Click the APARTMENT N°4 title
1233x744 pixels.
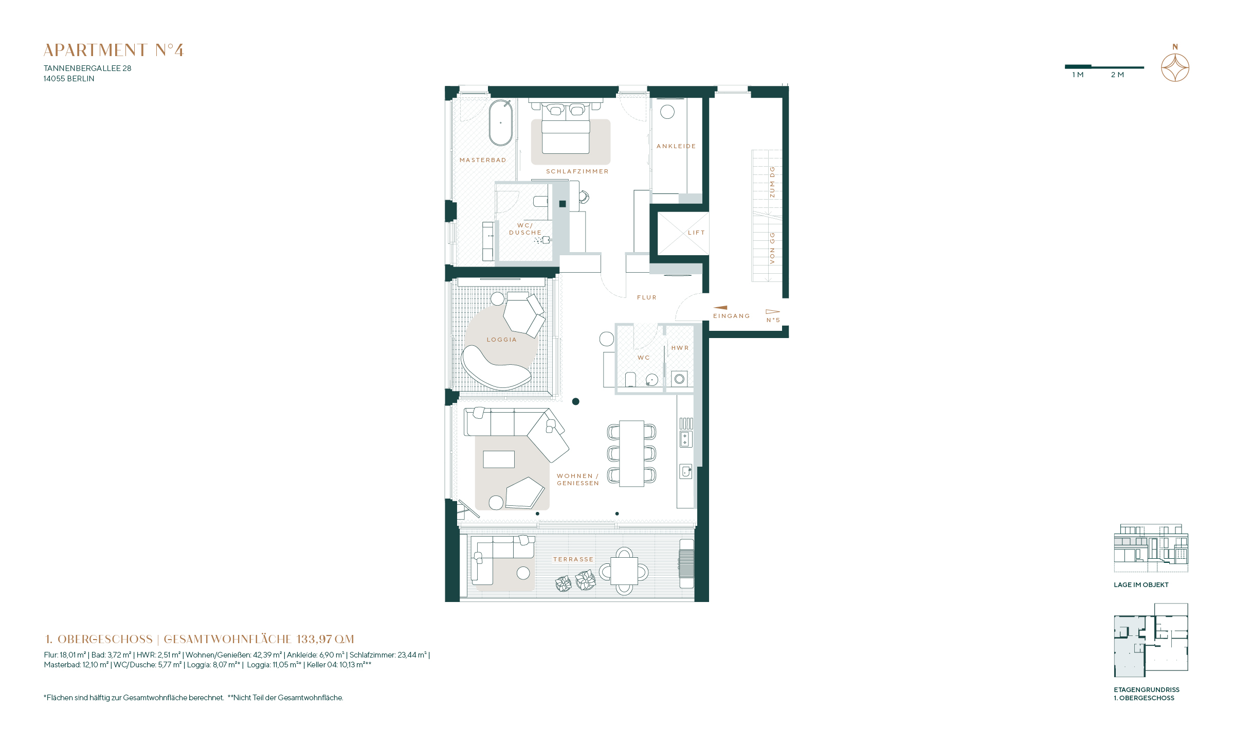click(114, 50)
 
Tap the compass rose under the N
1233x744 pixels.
click(1175, 67)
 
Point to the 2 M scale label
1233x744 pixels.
click(1117, 75)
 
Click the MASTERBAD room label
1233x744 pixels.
click(483, 160)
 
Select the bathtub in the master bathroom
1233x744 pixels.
click(500, 123)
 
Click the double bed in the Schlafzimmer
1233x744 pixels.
click(566, 129)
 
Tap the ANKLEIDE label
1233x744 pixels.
click(676, 146)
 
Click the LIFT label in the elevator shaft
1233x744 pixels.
click(696, 233)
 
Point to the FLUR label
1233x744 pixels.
click(647, 297)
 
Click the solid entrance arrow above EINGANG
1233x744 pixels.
click(720, 308)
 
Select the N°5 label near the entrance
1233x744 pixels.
click(773, 320)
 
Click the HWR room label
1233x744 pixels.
click(680, 348)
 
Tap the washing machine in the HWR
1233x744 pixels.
click(679, 379)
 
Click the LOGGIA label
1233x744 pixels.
click(502, 340)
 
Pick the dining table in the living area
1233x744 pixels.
click(631, 453)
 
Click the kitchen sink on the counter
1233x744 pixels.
click(686, 471)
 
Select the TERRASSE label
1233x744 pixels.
click(573, 559)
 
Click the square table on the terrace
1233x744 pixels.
click(624, 571)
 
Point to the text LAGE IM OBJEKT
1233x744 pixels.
click(1141, 584)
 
